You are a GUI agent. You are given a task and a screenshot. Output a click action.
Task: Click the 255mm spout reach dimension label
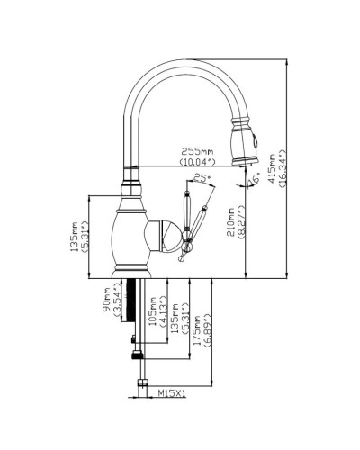coord(195,152)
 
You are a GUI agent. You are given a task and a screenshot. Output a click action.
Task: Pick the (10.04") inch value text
coord(195,162)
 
